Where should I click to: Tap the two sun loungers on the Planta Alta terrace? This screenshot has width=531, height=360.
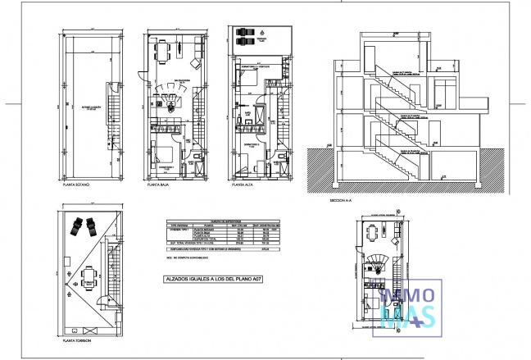coord(243,39)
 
